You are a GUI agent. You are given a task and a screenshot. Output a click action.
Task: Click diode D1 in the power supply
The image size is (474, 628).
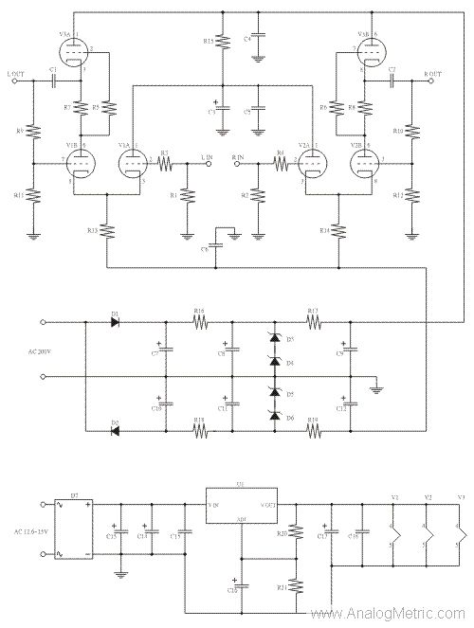click(x=115, y=322)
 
